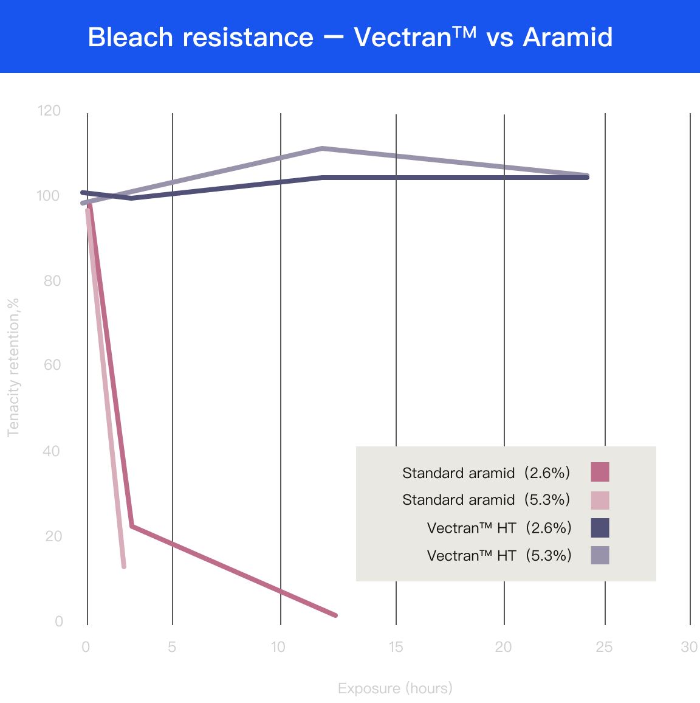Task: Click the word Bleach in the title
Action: pos(130,36)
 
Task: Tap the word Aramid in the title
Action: pos(568,36)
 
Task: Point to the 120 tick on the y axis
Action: pos(49,110)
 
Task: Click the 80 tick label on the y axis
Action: pos(52,281)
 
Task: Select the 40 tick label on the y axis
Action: pos(52,451)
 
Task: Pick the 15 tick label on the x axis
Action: pos(396,647)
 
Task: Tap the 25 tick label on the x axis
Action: pos(604,647)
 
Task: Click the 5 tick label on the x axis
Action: pos(172,647)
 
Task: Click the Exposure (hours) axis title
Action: pos(395,688)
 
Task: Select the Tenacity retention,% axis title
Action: pos(13,368)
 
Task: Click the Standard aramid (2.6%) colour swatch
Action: pos(600,472)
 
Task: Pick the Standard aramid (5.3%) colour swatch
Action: pos(600,500)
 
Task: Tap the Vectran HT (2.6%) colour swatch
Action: pos(600,528)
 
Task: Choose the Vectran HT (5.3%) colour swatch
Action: pos(600,555)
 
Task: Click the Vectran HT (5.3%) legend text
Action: pos(499,555)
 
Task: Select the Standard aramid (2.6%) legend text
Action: pos(486,473)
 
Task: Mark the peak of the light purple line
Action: pos(322,148)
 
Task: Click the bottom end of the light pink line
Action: pos(124,567)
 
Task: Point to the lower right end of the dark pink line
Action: pos(335,615)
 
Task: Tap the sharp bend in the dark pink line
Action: pos(132,526)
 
